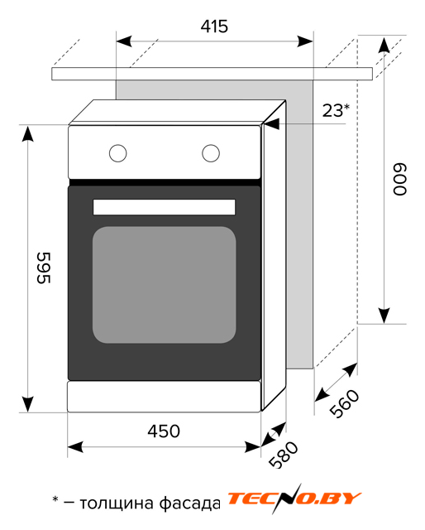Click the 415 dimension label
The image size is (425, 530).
(214, 26)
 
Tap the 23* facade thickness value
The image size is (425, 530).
(336, 110)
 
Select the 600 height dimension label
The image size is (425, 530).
(399, 179)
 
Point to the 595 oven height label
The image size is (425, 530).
(44, 267)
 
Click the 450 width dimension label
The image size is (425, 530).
(164, 431)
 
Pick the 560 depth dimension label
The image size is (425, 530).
(344, 403)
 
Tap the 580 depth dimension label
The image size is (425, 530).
(284, 455)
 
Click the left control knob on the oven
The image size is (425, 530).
(117, 153)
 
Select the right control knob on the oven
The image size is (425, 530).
(211, 153)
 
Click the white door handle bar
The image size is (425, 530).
(164, 207)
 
